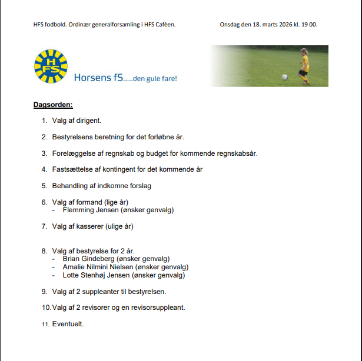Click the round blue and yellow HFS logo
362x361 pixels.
click(x=51, y=66)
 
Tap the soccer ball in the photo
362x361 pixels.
click(x=284, y=77)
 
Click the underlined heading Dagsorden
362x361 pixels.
click(x=52, y=105)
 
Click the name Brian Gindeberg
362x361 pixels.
click(x=89, y=259)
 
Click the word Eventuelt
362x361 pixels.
click(x=68, y=324)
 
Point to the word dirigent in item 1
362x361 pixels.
click(x=89, y=121)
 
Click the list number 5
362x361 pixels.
click(x=44, y=186)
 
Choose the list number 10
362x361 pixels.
click(x=45, y=307)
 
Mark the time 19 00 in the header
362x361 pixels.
click(x=310, y=25)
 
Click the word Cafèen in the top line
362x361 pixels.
click(x=163, y=25)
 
